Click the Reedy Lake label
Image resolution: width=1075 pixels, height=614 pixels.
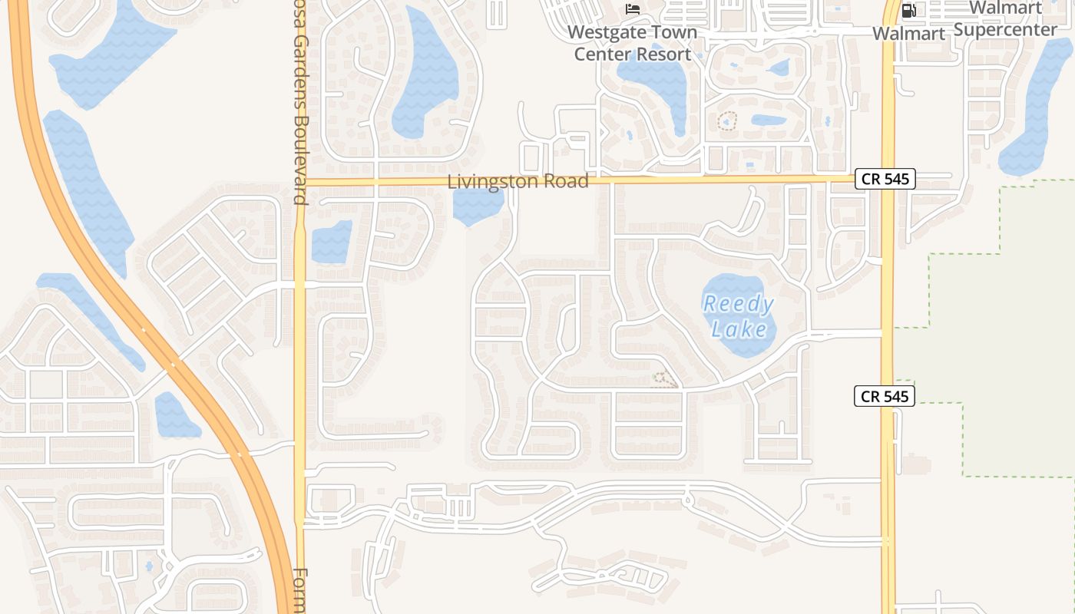[739, 316]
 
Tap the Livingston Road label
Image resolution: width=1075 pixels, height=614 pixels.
[518, 182]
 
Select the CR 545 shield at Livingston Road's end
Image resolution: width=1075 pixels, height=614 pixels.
[885, 179]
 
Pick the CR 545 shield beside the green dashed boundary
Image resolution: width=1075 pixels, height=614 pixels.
[885, 396]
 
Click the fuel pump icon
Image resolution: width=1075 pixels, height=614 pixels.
[909, 10]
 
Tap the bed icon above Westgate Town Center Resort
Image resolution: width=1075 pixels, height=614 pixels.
[633, 9]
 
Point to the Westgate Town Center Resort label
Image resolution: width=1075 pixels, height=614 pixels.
[633, 43]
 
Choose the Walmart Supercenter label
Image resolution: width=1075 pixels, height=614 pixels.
[1005, 19]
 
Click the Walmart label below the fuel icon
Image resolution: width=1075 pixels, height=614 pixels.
[908, 34]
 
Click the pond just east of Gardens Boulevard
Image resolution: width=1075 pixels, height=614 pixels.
[331, 242]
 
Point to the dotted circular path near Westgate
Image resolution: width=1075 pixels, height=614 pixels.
[727, 121]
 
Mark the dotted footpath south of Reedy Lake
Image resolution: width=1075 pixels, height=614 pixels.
[665, 379]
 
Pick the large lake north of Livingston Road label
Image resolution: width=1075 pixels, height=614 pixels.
[424, 77]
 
